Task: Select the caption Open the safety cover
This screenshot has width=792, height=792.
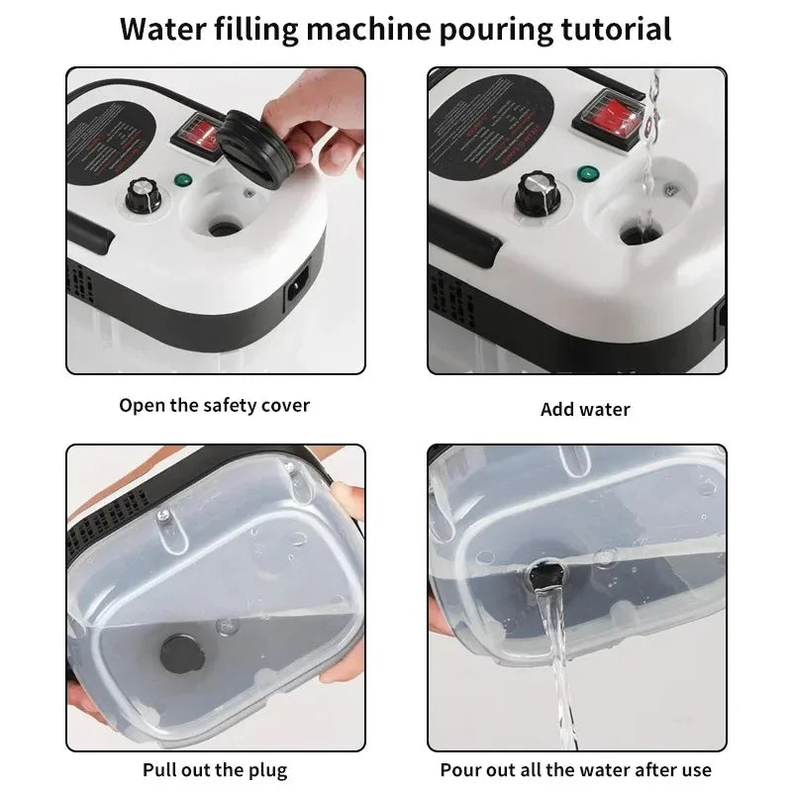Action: point(215,405)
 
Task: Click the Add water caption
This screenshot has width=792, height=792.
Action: point(585,409)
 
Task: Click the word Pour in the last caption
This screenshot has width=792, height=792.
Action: point(461,770)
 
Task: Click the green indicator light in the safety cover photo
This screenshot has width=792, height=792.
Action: point(182,180)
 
